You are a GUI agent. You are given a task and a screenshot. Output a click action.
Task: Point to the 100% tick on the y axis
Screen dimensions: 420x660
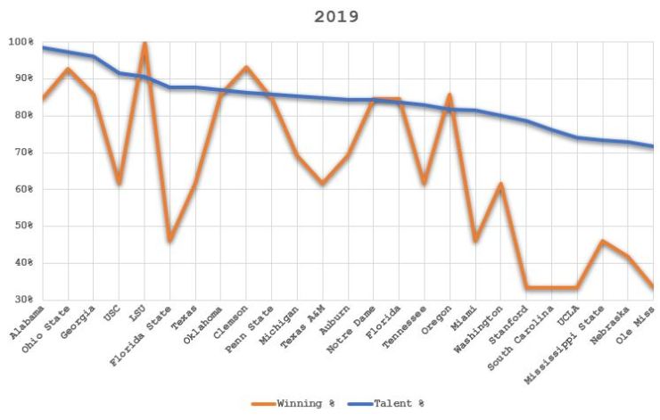tap(21, 42)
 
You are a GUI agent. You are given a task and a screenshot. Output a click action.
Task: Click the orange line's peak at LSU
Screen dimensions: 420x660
tap(144, 43)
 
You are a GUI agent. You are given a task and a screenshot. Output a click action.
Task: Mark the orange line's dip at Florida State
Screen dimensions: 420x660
tap(169, 241)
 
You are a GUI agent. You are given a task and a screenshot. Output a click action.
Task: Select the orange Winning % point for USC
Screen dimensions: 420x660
tap(119, 183)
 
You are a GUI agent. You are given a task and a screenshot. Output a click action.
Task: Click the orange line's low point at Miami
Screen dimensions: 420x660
tap(474, 241)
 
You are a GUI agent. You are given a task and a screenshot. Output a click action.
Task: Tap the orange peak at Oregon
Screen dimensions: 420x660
tap(450, 95)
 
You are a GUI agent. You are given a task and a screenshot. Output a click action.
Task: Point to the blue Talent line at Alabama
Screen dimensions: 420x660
tap(43, 47)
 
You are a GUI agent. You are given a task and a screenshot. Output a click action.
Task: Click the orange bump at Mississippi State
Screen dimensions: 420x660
tap(603, 241)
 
